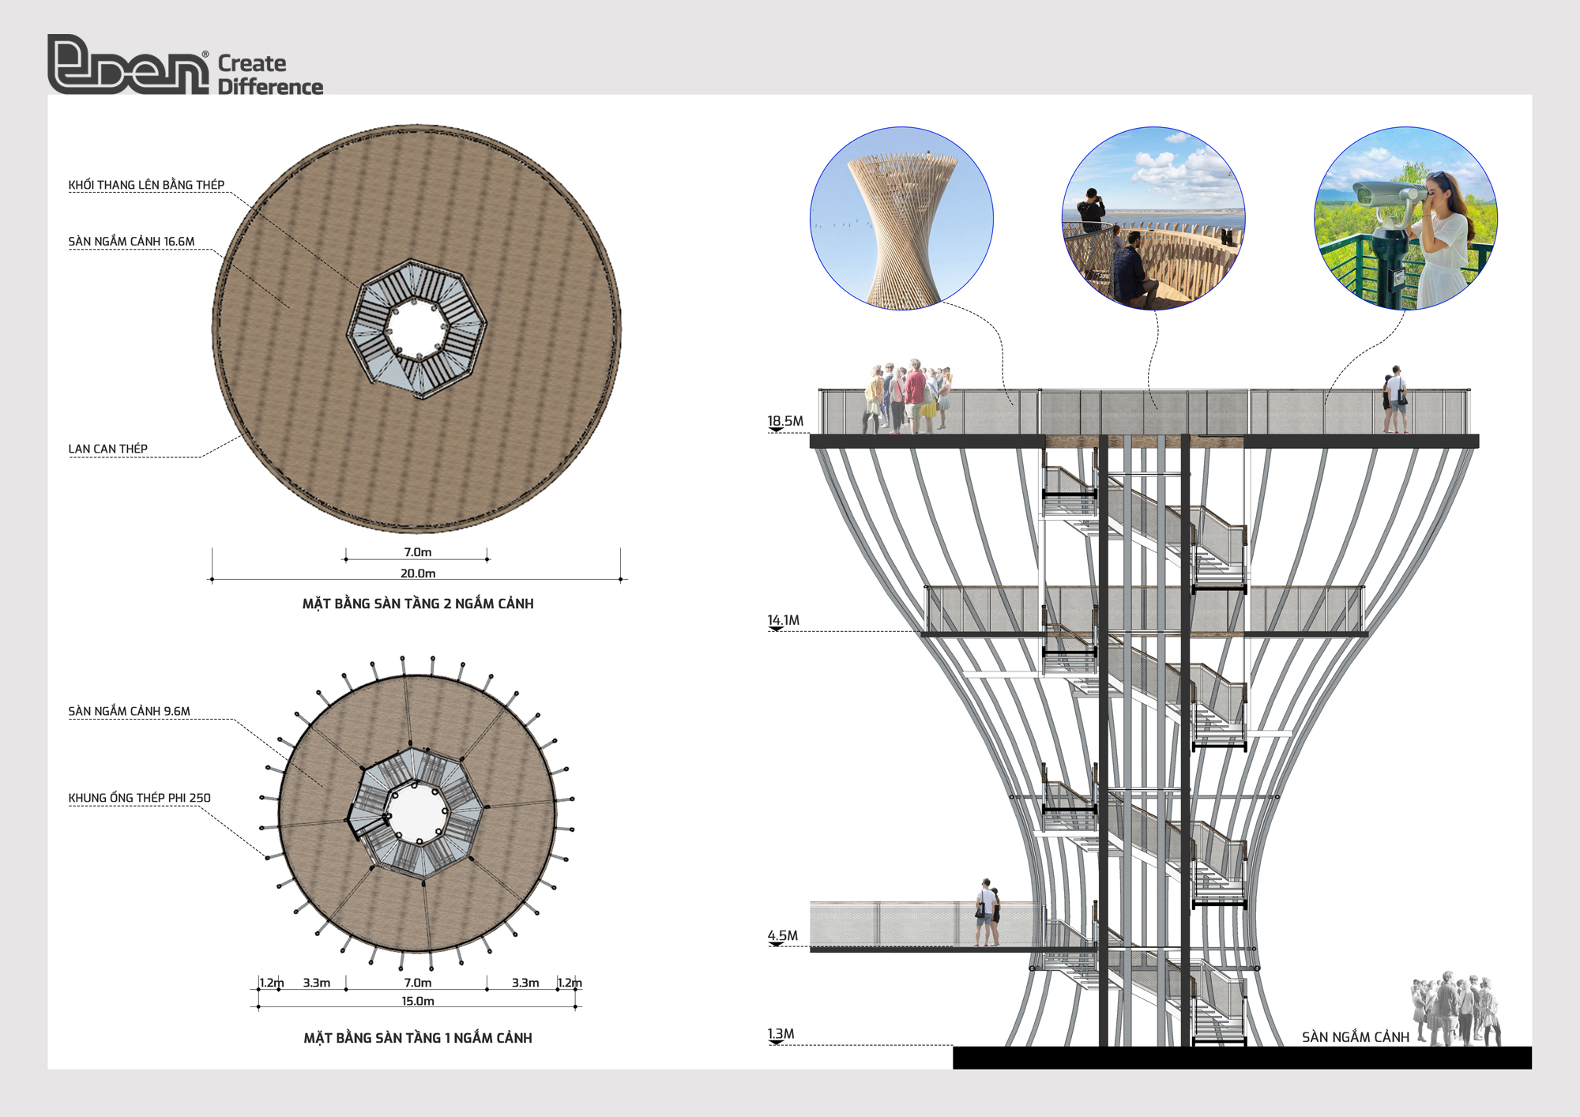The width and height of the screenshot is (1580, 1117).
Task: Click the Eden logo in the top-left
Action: (185, 65)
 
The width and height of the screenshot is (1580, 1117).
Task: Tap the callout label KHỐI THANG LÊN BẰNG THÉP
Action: (146, 185)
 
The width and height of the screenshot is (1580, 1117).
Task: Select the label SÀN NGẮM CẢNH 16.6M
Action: (131, 242)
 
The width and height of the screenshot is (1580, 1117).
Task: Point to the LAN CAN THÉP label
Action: (107, 449)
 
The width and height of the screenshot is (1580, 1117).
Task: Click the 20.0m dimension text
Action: (418, 574)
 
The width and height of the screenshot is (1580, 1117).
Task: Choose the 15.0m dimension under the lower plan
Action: (418, 1001)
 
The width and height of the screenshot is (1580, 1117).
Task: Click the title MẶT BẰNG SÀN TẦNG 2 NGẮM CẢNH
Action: (418, 604)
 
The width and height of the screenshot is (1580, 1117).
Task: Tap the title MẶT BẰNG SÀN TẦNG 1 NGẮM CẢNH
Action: (418, 1038)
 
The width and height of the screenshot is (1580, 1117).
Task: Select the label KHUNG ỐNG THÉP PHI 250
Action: (139, 798)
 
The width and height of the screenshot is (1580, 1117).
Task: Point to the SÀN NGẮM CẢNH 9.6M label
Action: (129, 711)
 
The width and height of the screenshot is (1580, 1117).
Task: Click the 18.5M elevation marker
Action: (785, 421)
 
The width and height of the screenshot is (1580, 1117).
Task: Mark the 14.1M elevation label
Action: (784, 620)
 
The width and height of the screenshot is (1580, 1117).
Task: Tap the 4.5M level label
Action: (783, 935)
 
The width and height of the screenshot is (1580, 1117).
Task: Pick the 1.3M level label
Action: (781, 1034)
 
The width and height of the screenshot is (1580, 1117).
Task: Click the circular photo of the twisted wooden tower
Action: (901, 218)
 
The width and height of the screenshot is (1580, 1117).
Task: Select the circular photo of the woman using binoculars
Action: (1405, 218)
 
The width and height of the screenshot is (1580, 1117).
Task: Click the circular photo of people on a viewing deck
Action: (1153, 218)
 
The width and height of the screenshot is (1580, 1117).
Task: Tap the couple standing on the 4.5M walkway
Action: (987, 912)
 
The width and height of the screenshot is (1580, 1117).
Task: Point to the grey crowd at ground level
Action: (1456, 1009)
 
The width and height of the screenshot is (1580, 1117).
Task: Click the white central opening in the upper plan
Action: (418, 328)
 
